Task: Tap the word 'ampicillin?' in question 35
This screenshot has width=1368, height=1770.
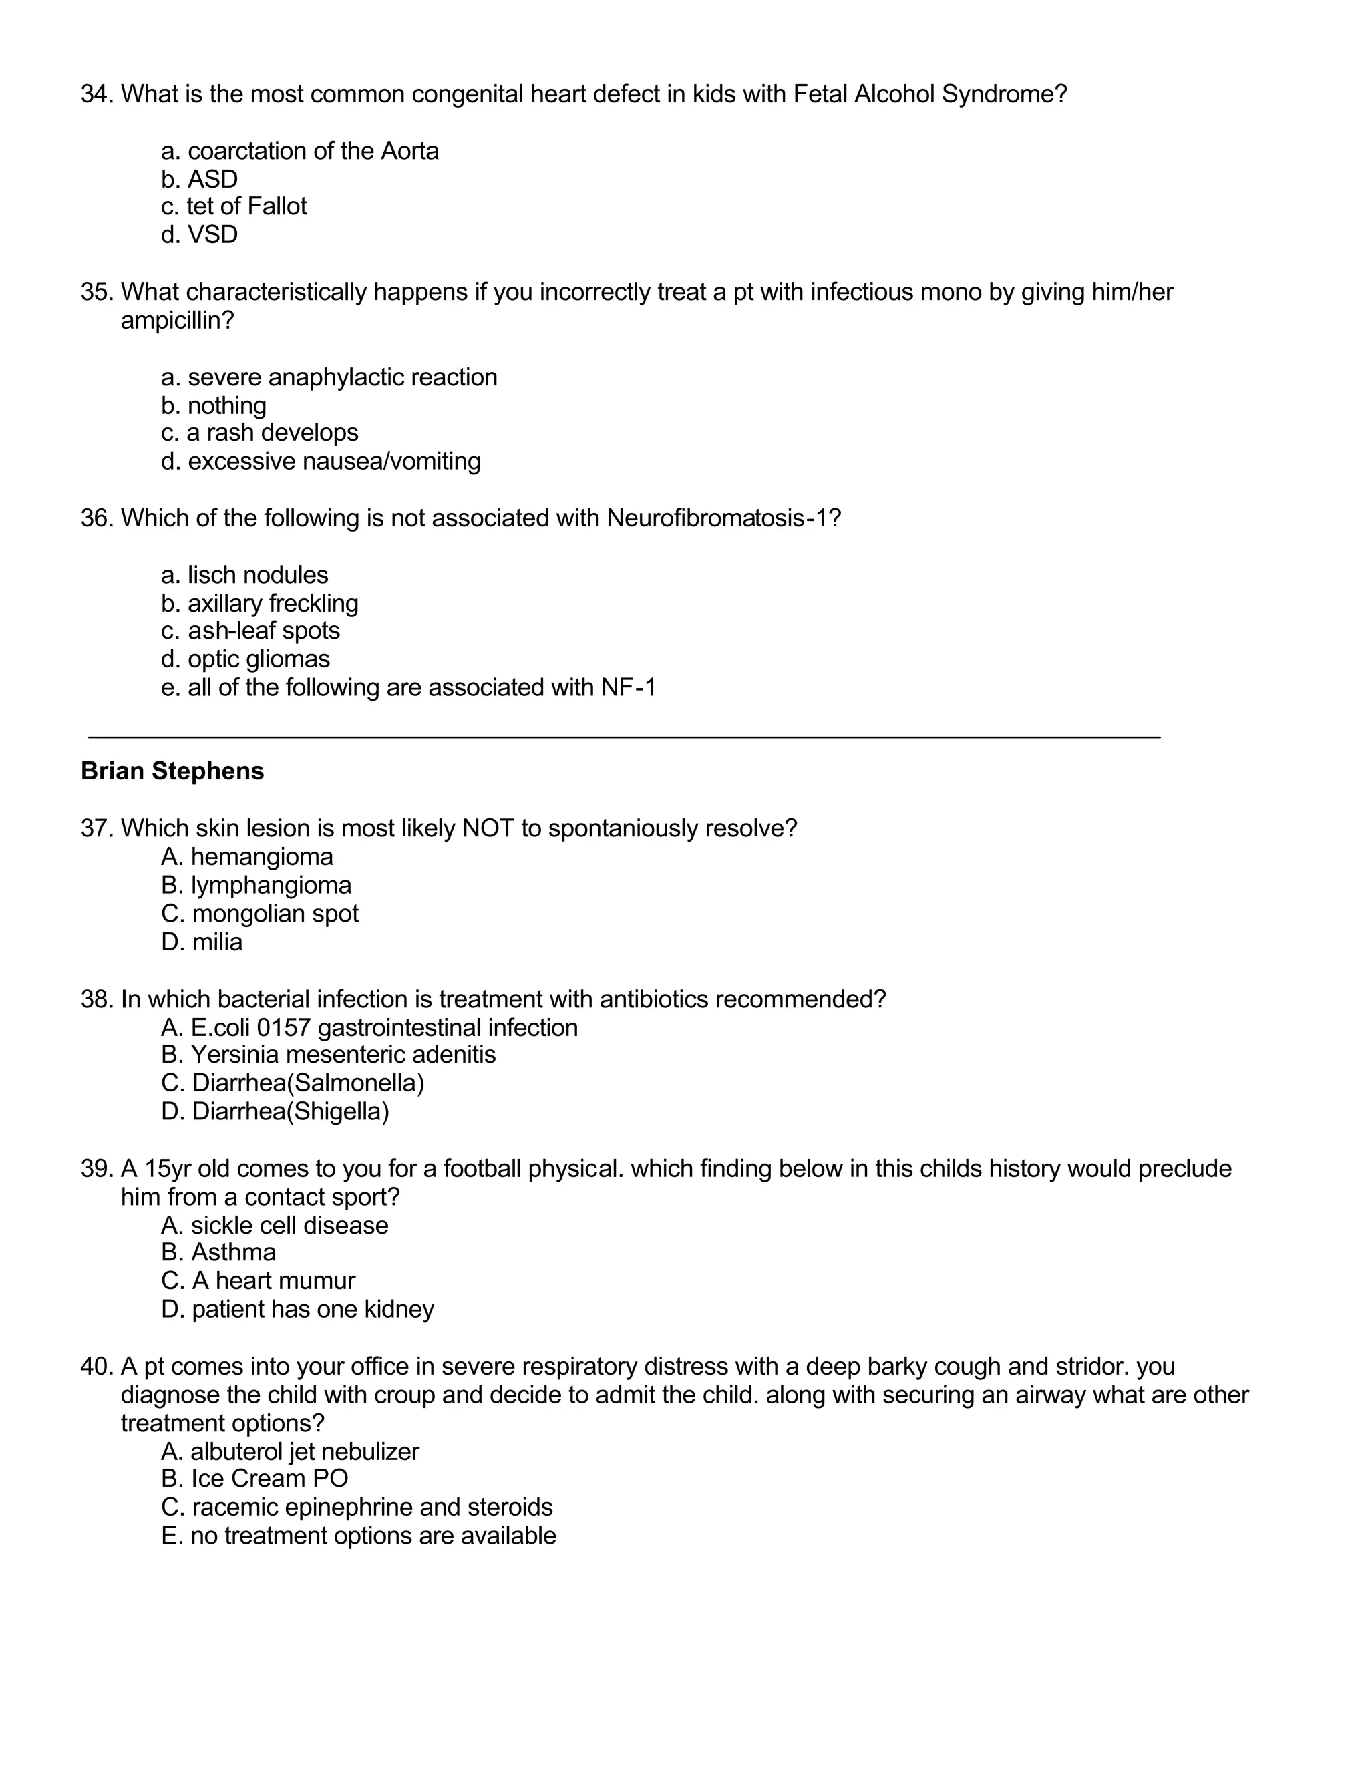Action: [x=176, y=321]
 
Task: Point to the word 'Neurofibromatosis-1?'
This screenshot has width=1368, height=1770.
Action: [x=723, y=518]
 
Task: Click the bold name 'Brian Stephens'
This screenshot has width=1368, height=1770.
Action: [x=172, y=771]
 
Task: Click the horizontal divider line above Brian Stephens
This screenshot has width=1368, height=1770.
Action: [x=624, y=737]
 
